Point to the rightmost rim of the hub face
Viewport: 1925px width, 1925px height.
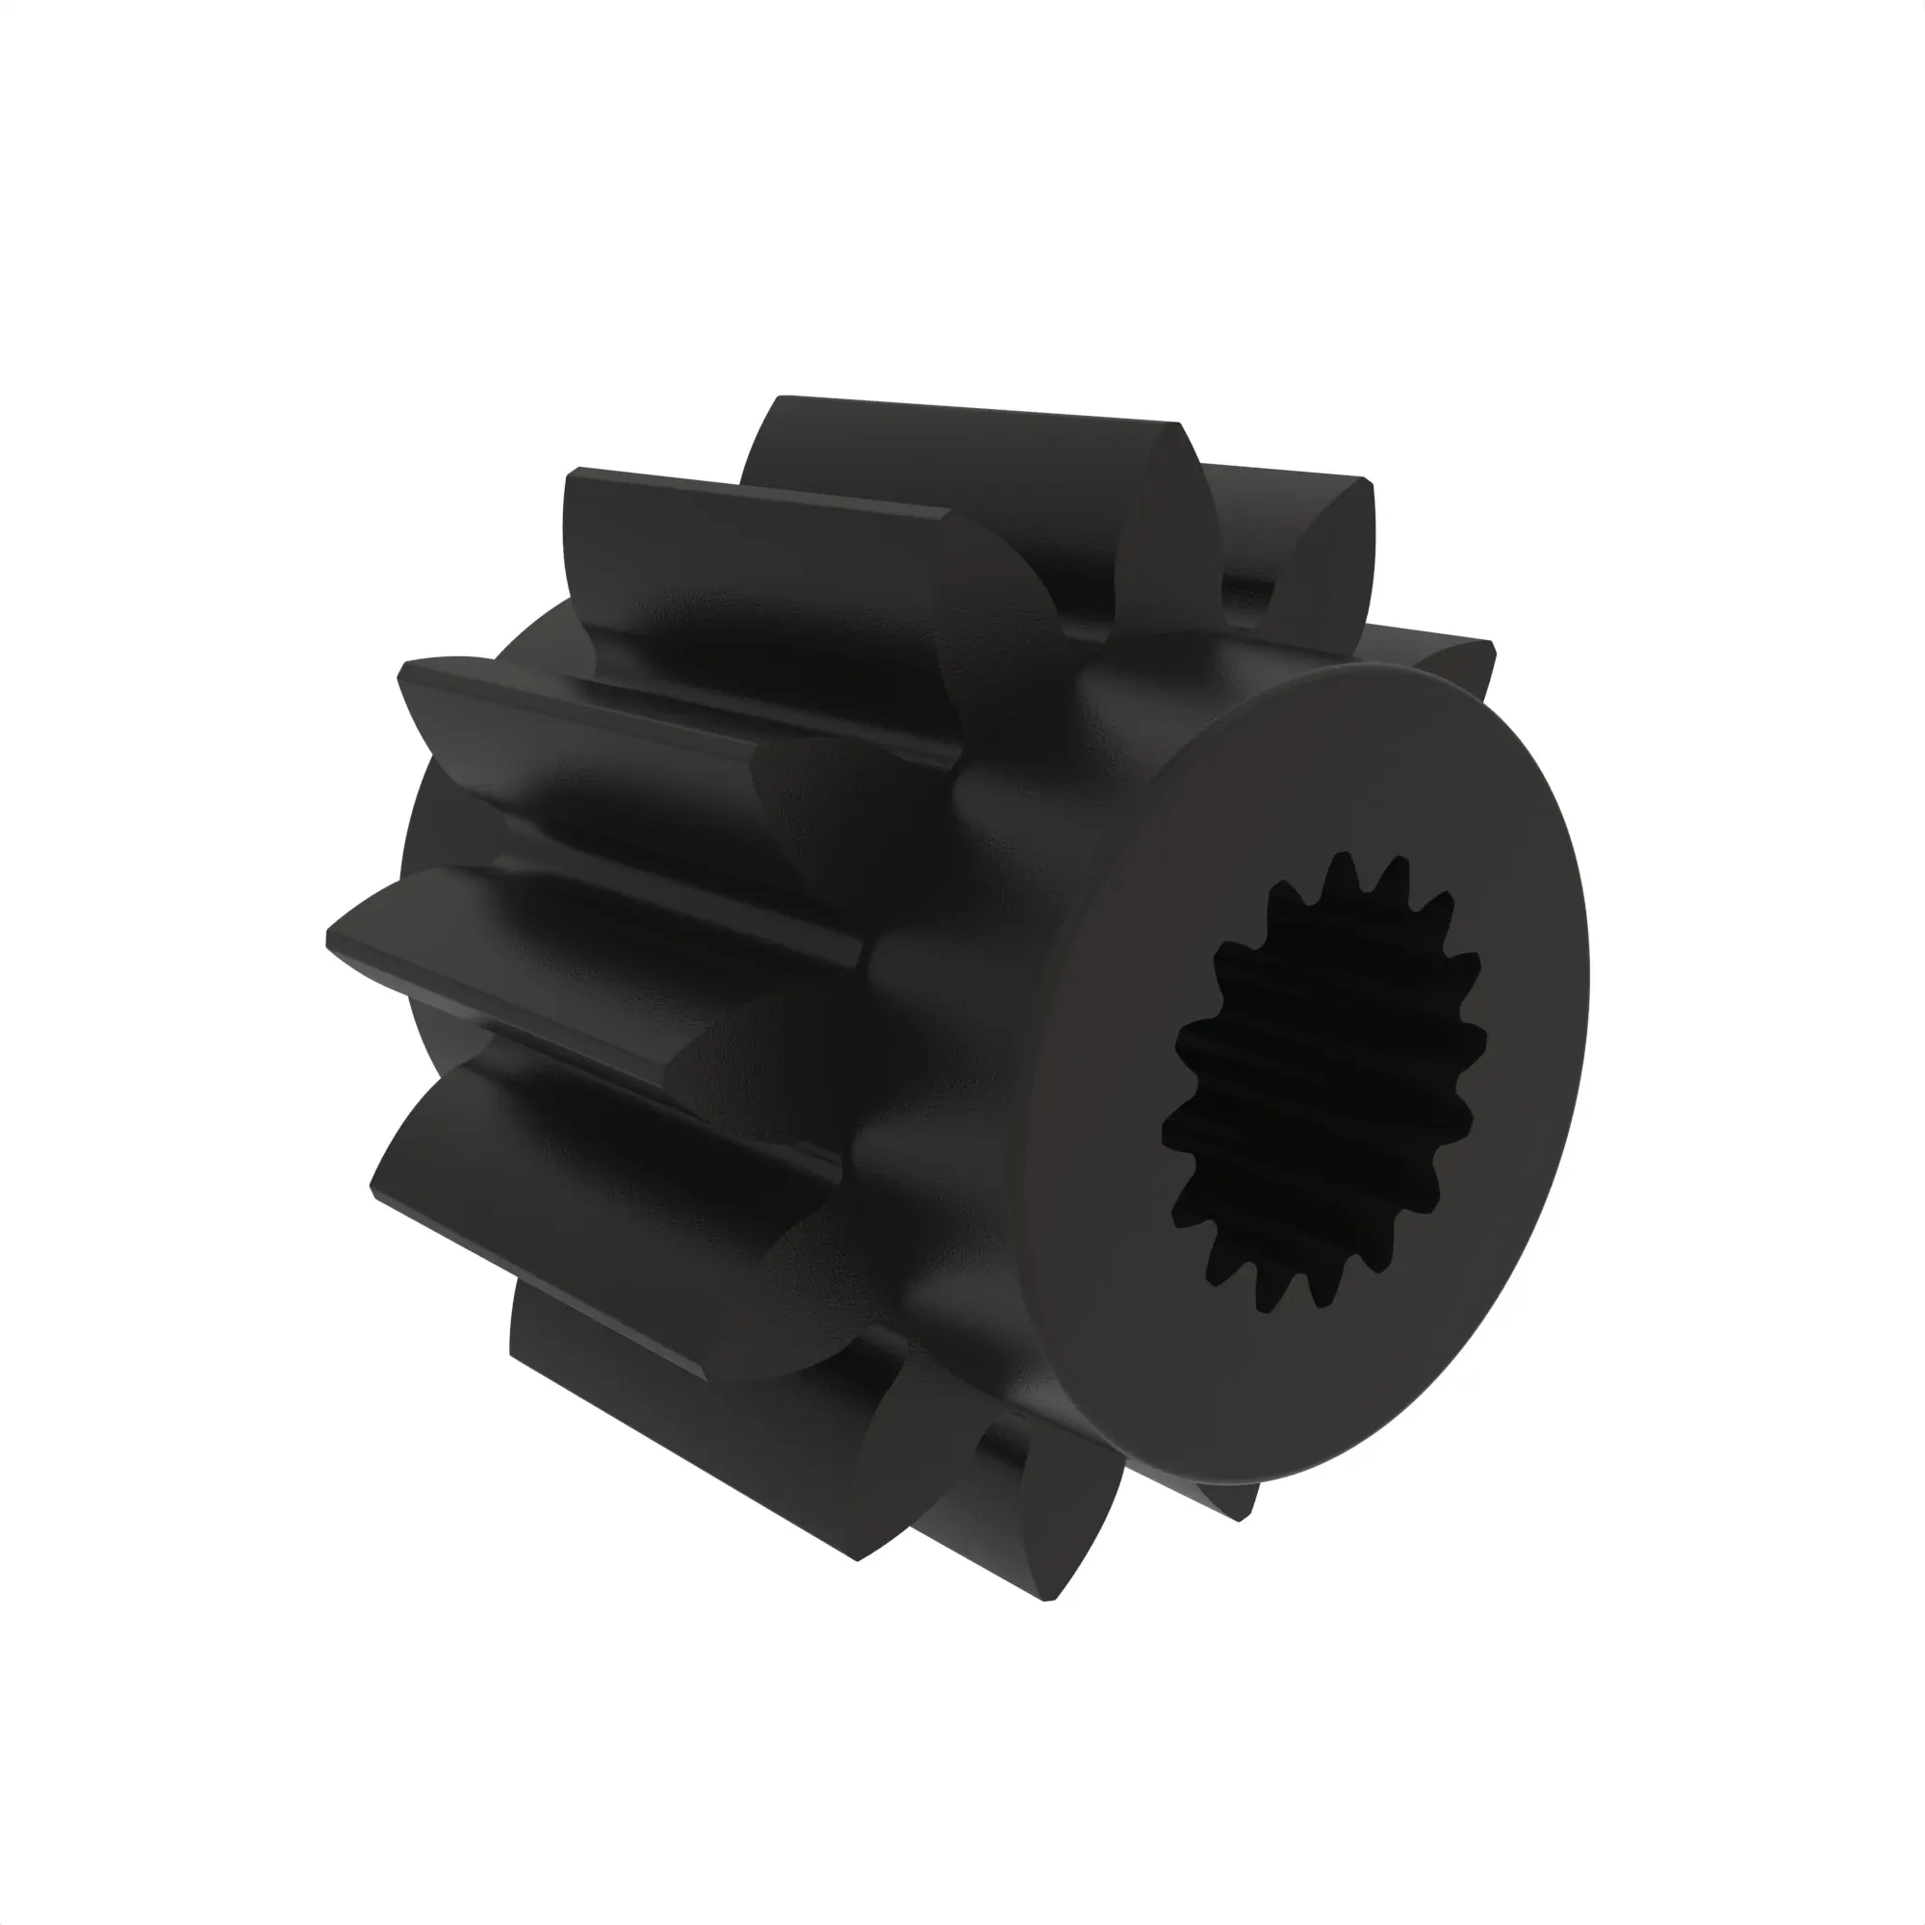click(x=1584, y=987)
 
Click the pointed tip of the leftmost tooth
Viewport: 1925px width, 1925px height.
click(x=334, y=937)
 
